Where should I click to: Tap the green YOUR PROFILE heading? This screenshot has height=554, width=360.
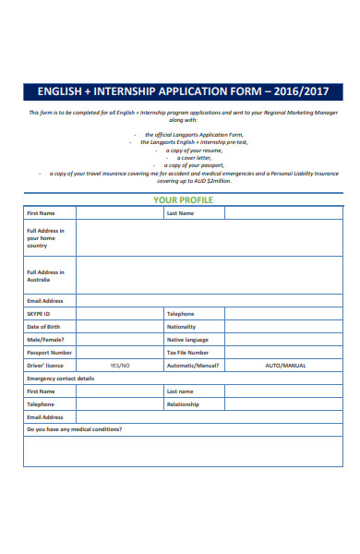tap(183, 199)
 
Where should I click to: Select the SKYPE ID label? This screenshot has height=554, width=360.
tap(39, 314)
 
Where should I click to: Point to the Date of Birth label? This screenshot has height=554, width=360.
tap(44, 327)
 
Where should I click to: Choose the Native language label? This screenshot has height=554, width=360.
tap(187, 340)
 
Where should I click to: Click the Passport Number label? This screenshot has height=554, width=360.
tap(49, 353)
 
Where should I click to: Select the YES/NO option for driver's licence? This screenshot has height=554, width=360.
tap(120, 366)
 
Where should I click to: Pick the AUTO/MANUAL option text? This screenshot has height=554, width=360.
tap(284, 366)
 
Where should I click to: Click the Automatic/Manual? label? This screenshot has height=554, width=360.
tap(192, 366)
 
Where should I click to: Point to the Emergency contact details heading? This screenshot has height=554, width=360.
tap(60, 379)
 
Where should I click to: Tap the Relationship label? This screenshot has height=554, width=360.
tap(183, 404)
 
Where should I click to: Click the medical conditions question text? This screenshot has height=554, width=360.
tap(74, 430)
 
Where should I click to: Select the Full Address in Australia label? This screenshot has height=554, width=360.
tap(45, 276)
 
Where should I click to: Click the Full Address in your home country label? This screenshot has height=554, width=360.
tap(45, 238)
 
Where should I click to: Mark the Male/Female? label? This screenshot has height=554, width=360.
tap(45, 340)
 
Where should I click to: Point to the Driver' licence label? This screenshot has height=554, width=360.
tap(44, 366)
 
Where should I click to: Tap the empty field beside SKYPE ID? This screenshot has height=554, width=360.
tap(119, 314)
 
